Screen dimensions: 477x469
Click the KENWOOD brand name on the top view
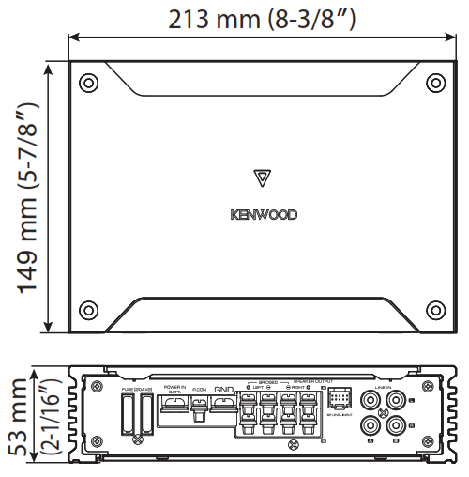pyautogui.click(x=264, y=214)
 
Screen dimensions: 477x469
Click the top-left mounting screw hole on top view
pyautogui.click(x=88, y=83)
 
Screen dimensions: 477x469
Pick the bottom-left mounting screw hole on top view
pyautogui.click(x=88, y=310)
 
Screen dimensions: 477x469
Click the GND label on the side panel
pyautogui.click(x=223, y=390)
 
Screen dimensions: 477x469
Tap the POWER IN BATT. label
pyautogui.click(x=174, y=389)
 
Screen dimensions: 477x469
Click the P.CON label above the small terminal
pyautogui.click(x=199, y=390)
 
